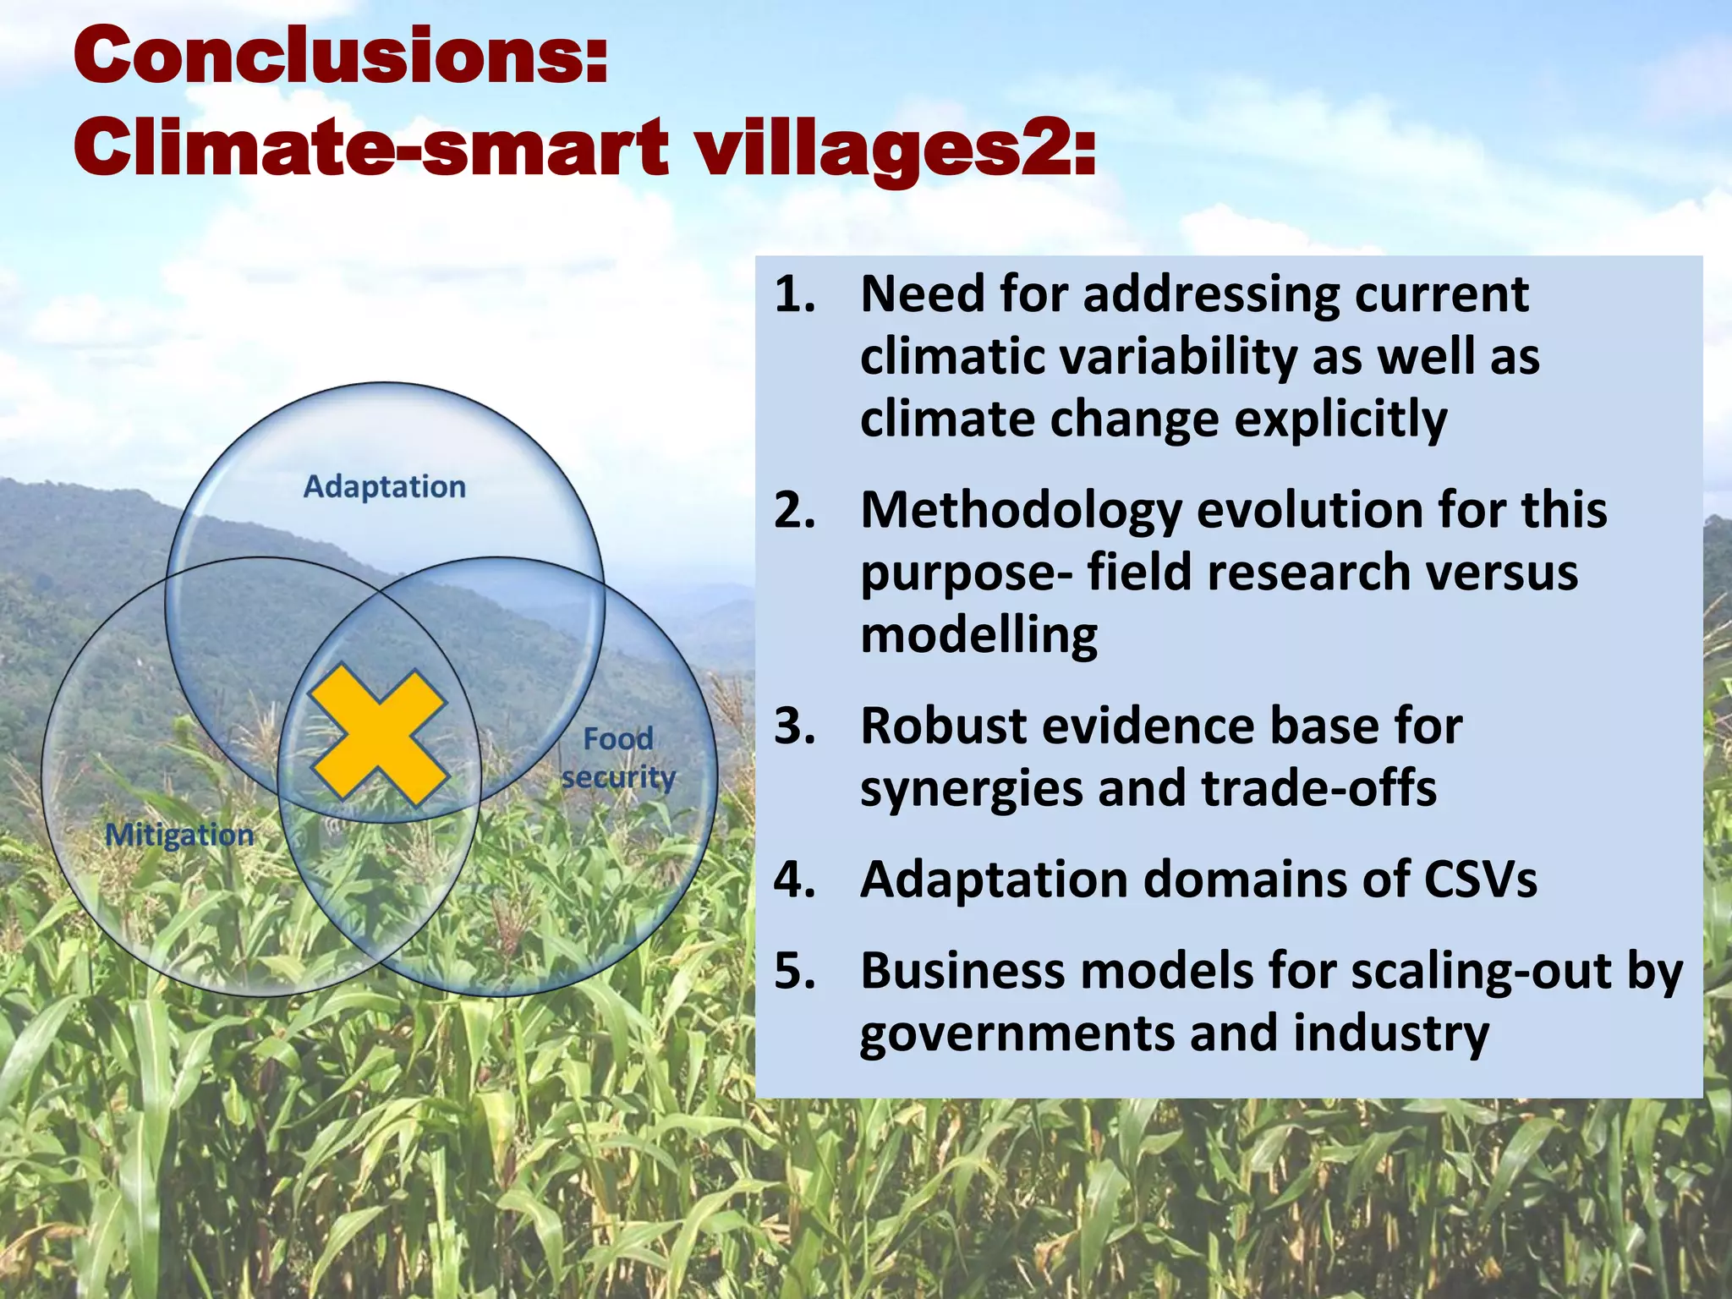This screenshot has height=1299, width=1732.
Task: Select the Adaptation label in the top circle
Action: point(384,487)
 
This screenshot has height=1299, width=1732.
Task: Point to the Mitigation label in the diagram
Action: point(179,836)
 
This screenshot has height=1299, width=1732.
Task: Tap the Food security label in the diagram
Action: point(618,758)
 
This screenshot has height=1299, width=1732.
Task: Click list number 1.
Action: point(795,294)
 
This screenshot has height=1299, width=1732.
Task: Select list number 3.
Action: point(795,726)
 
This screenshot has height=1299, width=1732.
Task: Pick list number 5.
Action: point(795,971)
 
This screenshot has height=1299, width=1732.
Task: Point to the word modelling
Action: point(978,635)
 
